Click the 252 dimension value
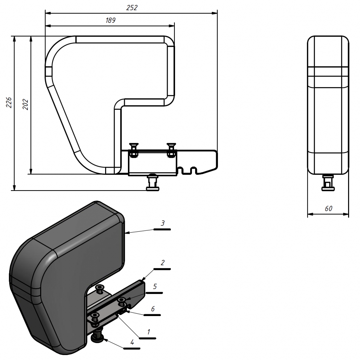click(x=132, y=8)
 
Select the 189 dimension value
click(x=110, y=20)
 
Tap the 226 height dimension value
click(x=9, y=102)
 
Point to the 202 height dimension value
click(x=25, y=104)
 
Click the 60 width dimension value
click(x=329, y=208)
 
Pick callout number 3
click(x=163, y=223)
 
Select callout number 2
click(x=163, y=263)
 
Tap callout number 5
click(x=155, y=287)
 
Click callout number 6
click(x=153, y=309)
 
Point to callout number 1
click(x=149, y=332)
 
